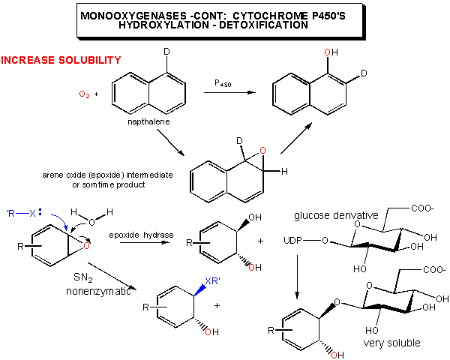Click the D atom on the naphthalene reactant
(x=167, y=54)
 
